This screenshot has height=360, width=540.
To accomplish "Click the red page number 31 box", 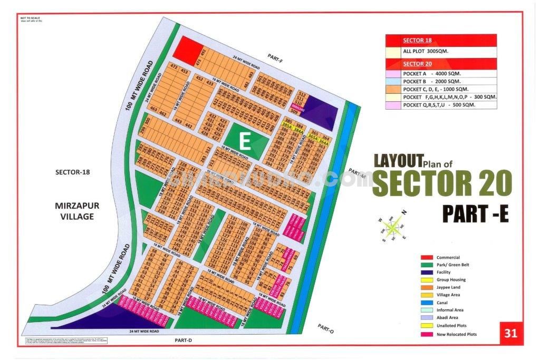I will (510, 333).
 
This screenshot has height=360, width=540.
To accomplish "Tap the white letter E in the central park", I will (244, 141).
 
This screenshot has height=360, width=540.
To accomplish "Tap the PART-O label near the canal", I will (326, 328).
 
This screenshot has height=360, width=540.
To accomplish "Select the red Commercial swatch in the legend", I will (427, 257).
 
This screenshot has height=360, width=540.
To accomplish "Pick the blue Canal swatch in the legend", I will (427, 303).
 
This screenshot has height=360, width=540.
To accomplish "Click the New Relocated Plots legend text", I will (457, 334).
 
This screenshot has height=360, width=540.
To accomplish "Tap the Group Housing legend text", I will (451, 280).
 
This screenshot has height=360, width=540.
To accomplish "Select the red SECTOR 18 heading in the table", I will (417, 40).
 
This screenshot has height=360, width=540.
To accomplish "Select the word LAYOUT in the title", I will (398, 160).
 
